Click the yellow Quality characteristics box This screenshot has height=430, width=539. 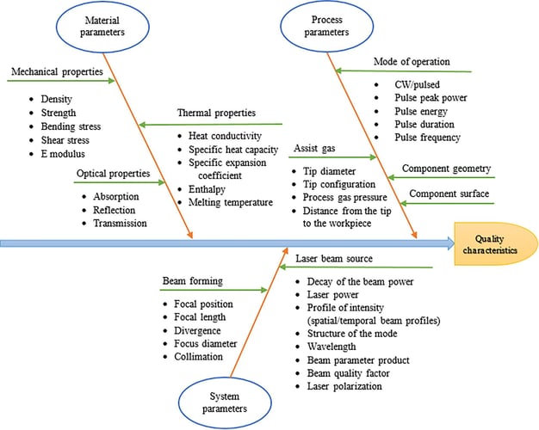point(496,244)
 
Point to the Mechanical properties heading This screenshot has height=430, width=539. point(57,71)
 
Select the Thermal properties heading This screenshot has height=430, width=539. point(217,113)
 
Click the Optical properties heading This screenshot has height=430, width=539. point(114,174)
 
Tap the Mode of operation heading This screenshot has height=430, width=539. point(412,62)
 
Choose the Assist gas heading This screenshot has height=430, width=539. point(314,149)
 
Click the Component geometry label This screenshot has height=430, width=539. point(447,169)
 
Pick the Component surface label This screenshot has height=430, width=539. point(449,193)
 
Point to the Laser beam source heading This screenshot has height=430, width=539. point(334,259)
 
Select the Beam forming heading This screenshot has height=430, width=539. point(193,281)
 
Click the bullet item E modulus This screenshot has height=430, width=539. point(63,154)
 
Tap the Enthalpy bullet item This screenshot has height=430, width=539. point(207,189)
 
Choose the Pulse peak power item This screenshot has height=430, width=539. point(431,98)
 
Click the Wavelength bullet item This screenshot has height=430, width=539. point(331,347)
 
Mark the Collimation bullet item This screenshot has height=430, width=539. point(198,357)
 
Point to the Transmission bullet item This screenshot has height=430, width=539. point(120,224)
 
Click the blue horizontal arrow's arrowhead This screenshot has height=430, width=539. point(450,243)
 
